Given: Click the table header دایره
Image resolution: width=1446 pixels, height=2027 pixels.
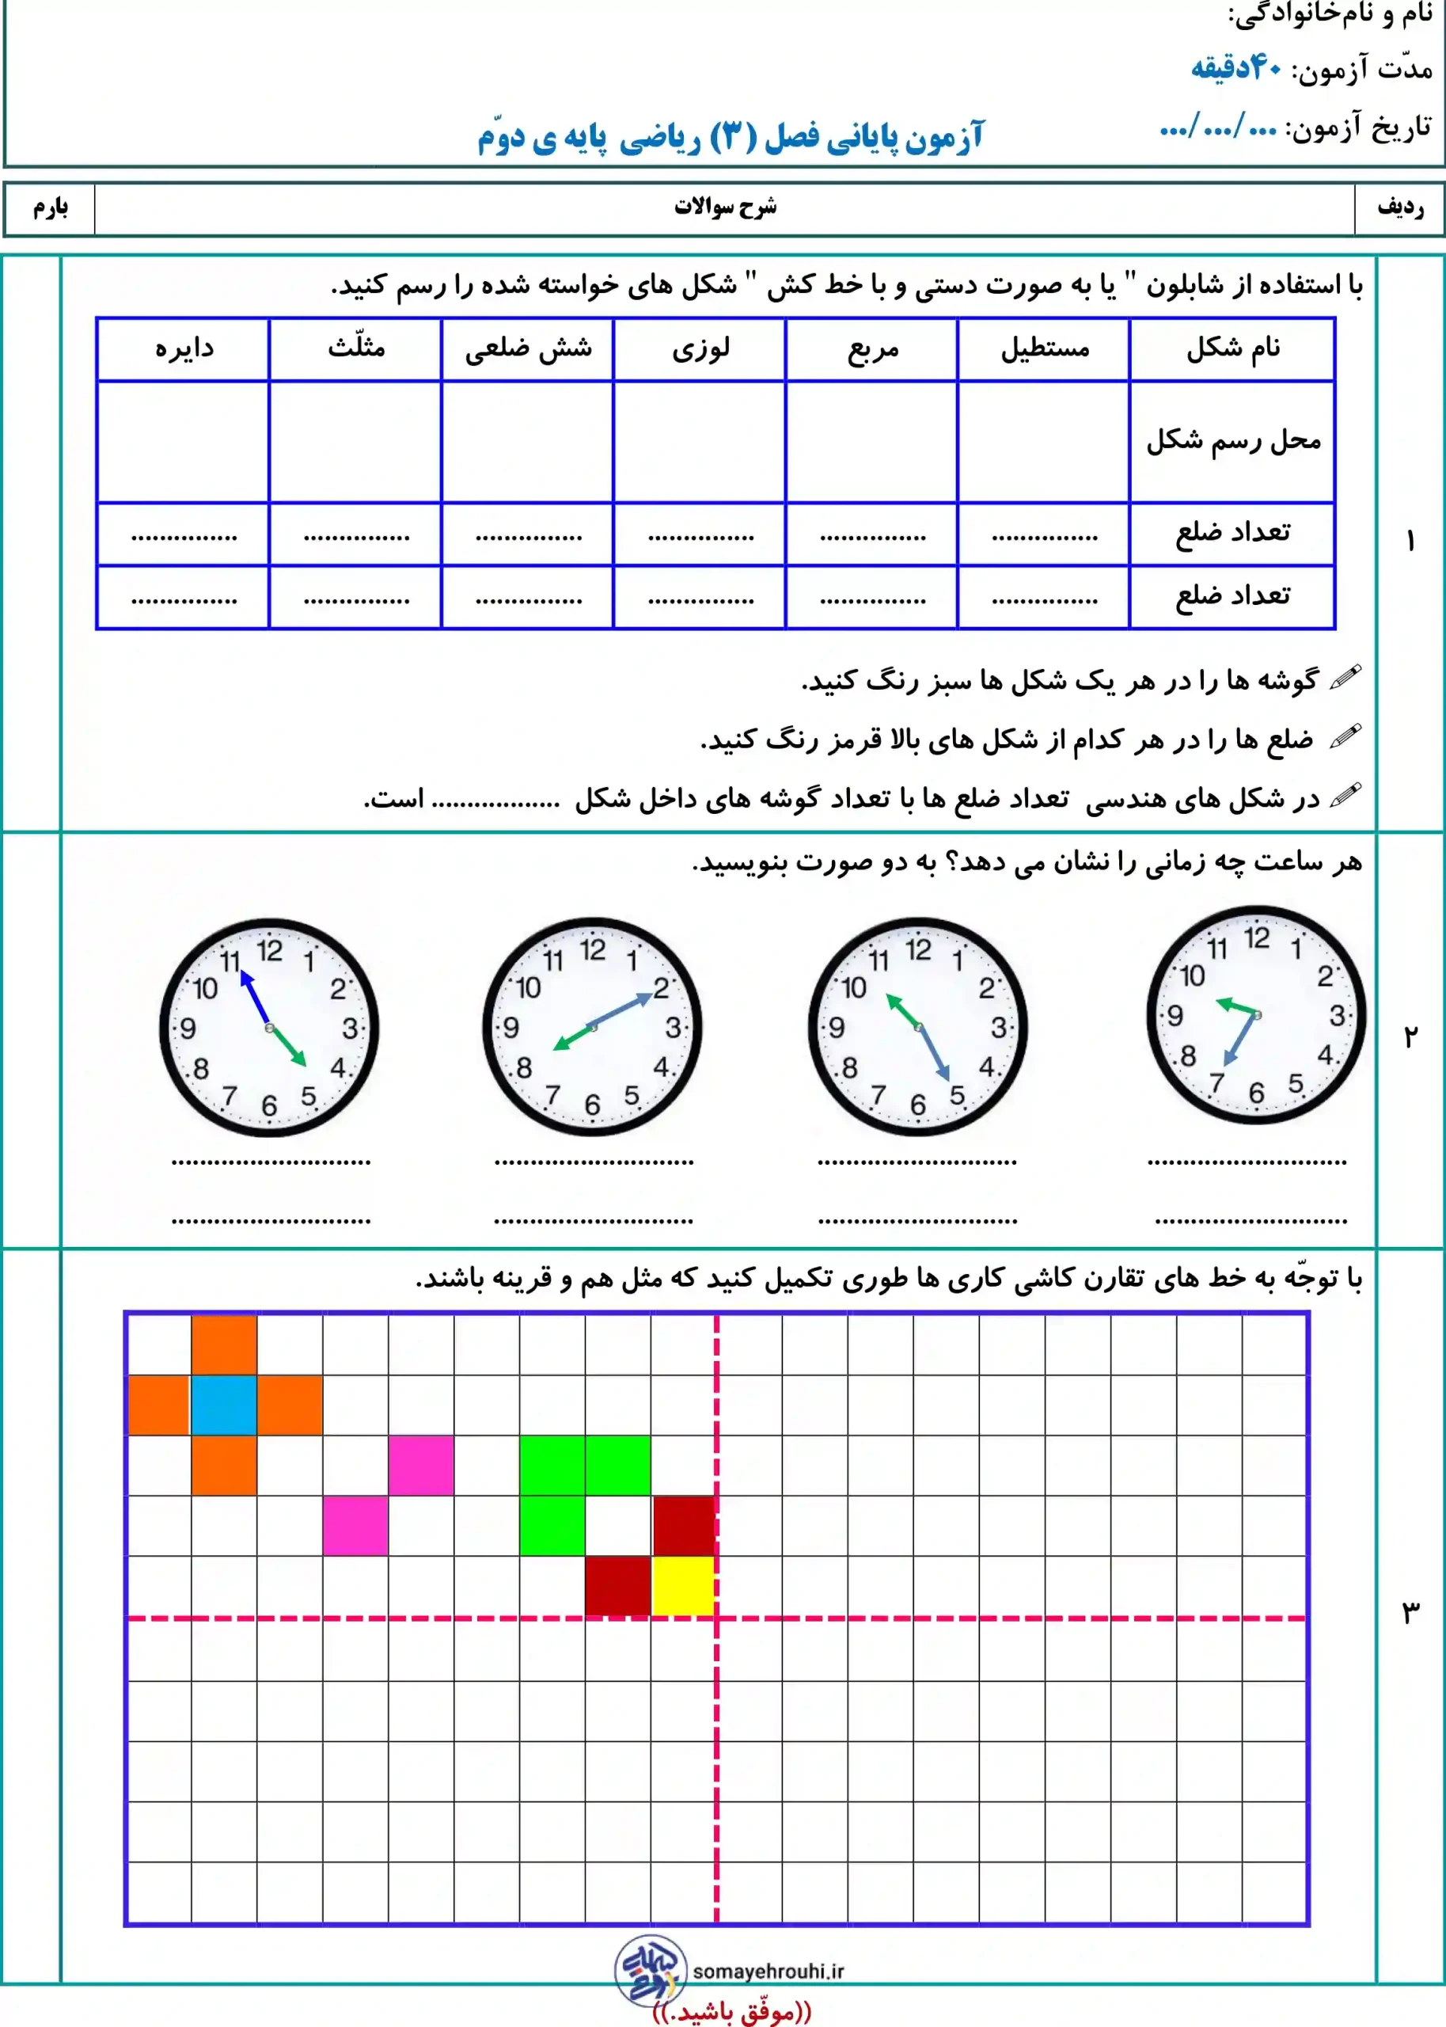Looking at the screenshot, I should pos(184,348).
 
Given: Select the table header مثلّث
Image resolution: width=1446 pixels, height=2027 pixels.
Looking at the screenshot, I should pos(356,348).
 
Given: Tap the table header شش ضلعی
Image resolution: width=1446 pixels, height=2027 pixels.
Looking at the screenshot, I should pos(528,348).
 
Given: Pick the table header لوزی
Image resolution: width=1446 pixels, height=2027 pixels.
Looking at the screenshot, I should pos(700,348).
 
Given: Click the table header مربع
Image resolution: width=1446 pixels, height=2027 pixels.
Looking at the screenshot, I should pos(872,349).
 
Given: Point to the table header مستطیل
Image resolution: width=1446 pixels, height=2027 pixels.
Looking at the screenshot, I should pos(1045,348).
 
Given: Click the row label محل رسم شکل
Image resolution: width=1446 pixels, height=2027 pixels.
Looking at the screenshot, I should pos(1233,440).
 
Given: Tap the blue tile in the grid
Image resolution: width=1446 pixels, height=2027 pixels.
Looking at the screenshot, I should pos(223,1405).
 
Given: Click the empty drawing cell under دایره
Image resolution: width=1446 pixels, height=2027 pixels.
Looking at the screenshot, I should pos(184,442).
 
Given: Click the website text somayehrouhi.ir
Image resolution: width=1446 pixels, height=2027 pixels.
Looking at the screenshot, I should pos(768,1971).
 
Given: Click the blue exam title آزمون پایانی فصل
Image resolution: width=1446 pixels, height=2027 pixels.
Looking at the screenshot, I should pos(730,137).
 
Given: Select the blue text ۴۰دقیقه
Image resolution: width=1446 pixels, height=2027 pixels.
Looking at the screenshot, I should pos(1236,67).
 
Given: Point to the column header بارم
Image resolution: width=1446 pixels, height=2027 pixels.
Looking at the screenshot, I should pos(51,208).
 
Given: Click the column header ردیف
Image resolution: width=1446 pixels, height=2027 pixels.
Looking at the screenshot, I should pos(1399,208).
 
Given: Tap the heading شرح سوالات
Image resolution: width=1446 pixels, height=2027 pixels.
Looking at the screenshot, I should pos(725,207).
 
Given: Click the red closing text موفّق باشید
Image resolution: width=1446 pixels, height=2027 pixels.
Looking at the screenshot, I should pos(732,2011).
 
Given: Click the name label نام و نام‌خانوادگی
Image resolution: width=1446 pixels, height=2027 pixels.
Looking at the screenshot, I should pos(1330,14).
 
